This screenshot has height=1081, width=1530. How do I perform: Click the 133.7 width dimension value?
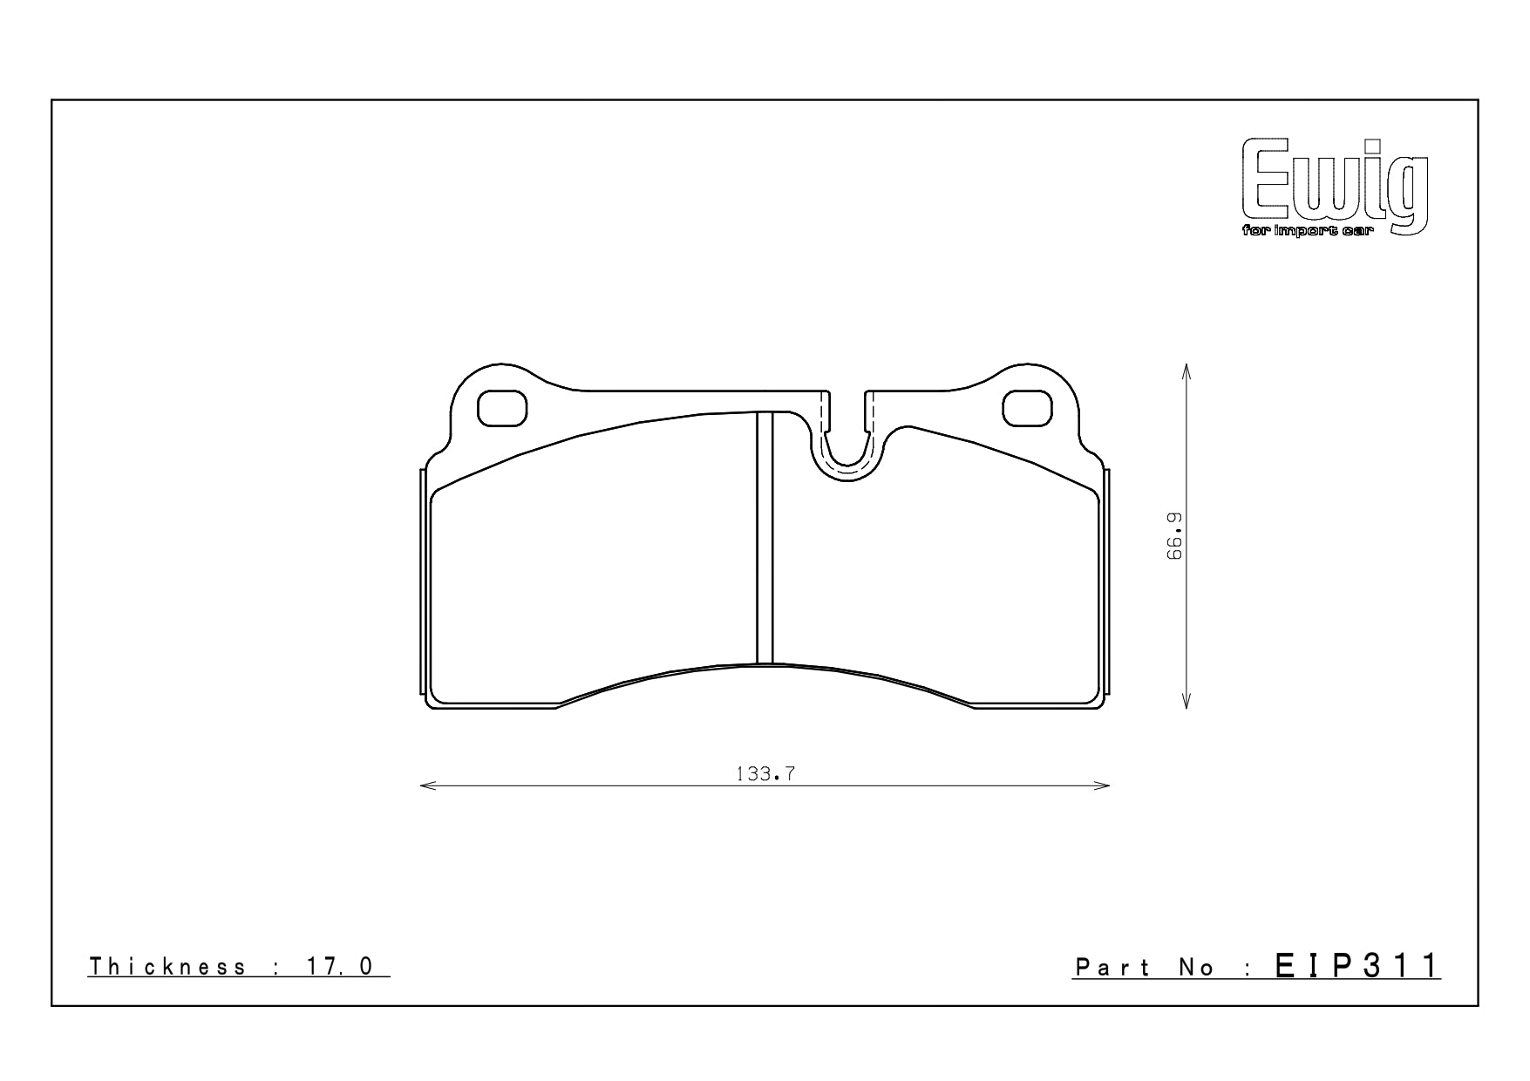pos(765,773)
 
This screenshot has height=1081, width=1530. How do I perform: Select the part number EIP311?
pos(1357,966)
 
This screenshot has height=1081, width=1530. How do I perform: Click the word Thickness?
pos(168,967)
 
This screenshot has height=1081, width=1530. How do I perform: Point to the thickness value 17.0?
pos(340,967)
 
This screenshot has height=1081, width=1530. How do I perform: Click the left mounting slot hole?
pos(502,408)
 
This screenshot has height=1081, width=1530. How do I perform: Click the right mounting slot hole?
pos(1027,408)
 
